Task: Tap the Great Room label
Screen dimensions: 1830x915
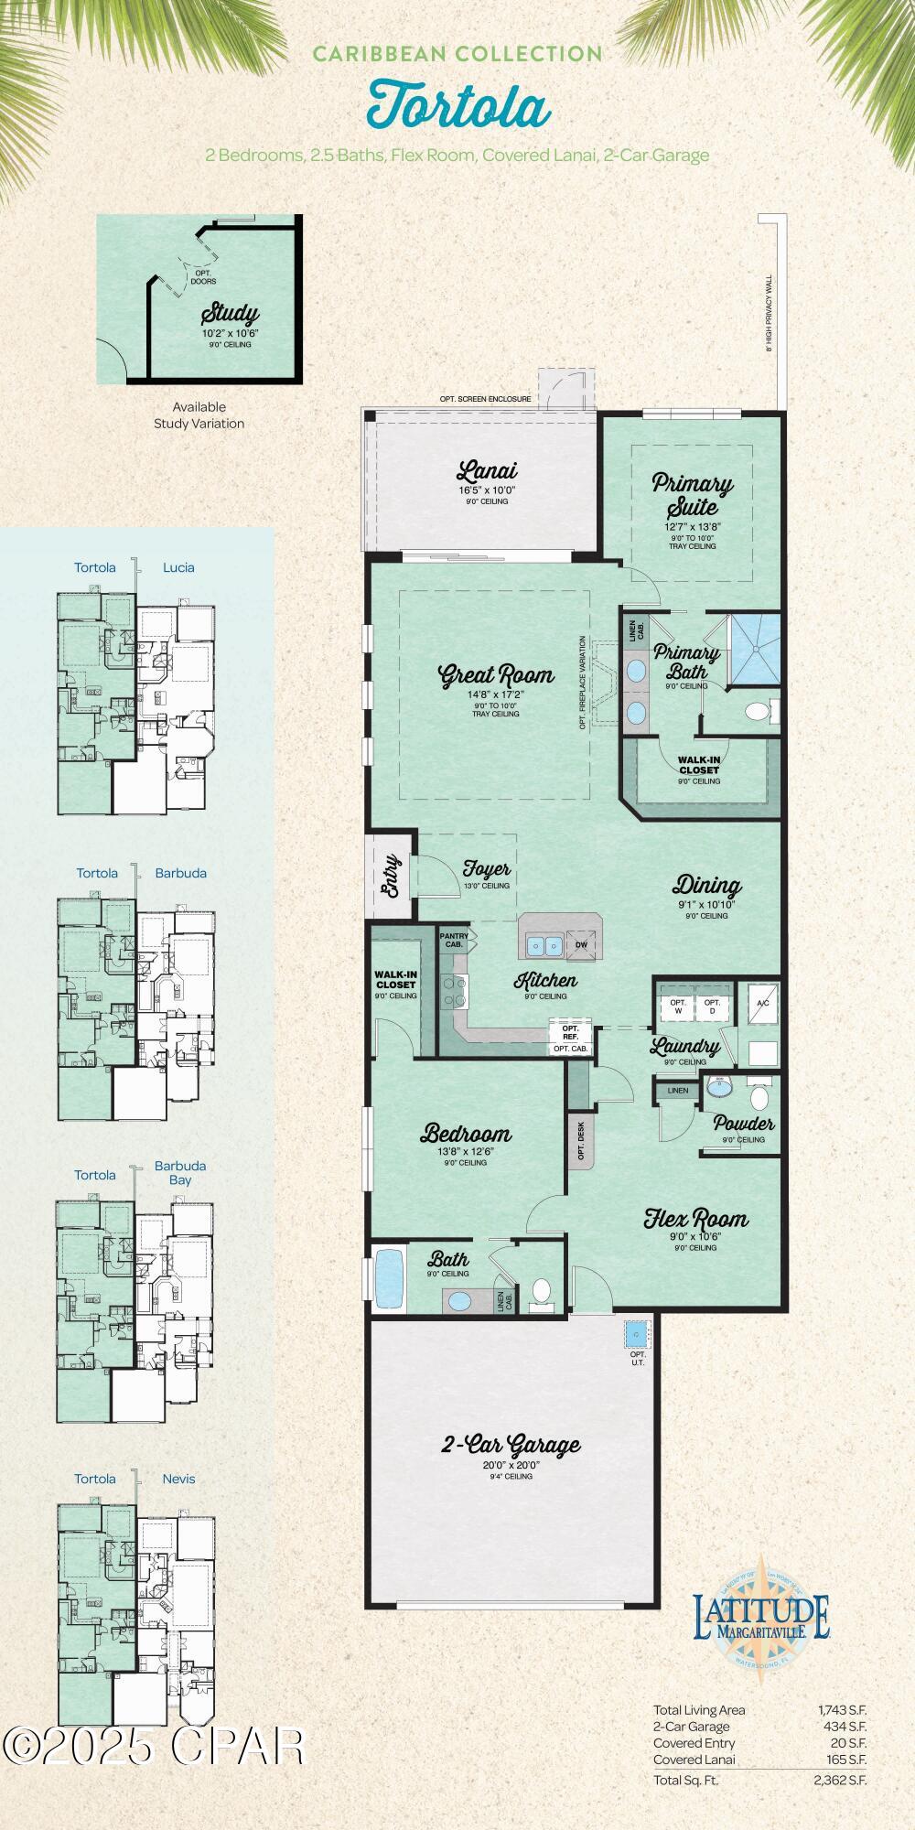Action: pos(497,675)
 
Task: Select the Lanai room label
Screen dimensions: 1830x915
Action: pos(487,470)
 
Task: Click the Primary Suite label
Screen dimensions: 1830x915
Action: pos(693,494)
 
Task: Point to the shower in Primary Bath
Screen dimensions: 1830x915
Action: pos(755,648)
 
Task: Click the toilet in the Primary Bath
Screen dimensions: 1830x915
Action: pos(758,711)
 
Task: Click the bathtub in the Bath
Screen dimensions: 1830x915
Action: pos(389,1279)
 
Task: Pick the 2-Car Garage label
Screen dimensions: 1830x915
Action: pos(511,1445)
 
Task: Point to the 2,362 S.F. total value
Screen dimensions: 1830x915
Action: pos(839,1780)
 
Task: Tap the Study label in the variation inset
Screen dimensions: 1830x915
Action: pos(230,314)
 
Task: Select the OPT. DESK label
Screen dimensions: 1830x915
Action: pos(581,1141)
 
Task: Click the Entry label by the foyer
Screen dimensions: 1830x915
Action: pos(390,876)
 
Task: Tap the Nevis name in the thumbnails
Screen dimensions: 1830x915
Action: pos(178,1479)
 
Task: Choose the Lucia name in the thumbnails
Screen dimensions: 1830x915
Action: pos(178,567)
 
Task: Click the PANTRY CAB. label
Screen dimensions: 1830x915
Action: pos(454,940)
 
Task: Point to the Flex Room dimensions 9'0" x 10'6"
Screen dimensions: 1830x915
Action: pos(695,1237)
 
